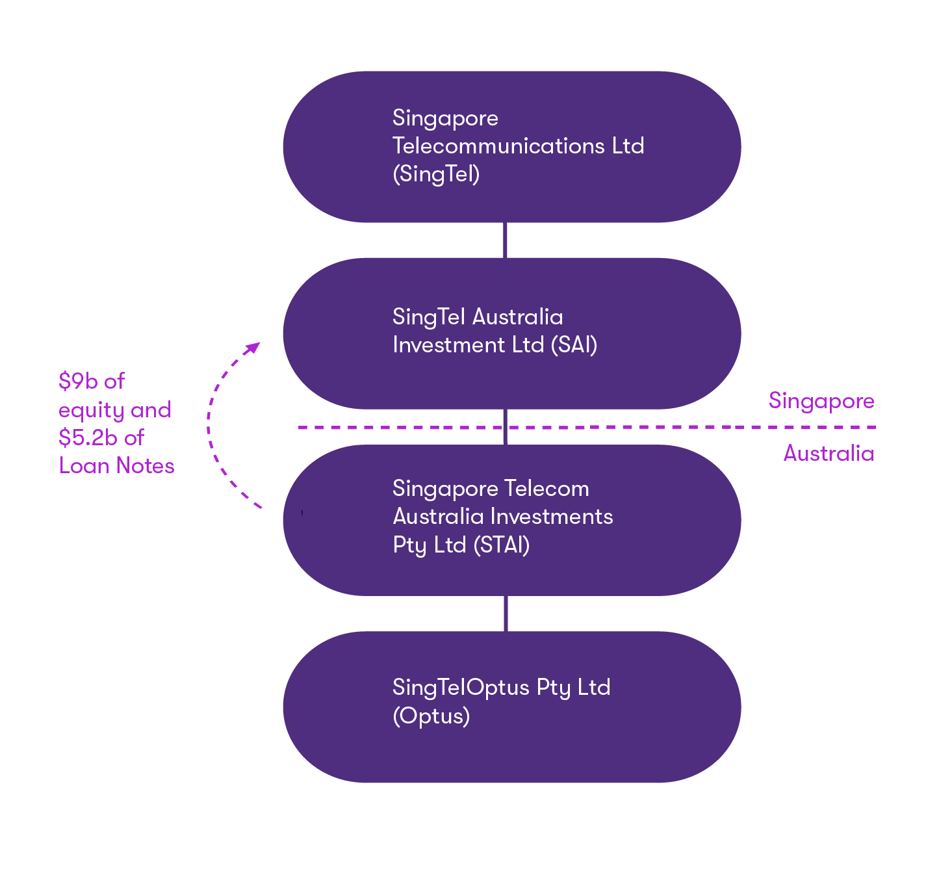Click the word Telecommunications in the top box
click(498, 146)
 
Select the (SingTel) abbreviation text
click(436, 174)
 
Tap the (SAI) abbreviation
click(574, 345)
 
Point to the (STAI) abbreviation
click(501, 545)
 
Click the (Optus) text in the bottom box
click(431, 716)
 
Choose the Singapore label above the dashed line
click(821, 401)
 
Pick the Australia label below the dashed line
click(829, 453)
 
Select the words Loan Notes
click(117, 466)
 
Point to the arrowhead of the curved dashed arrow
click(253, 348)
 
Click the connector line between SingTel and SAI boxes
click(506, 240)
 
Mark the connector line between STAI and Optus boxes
click(506, 613)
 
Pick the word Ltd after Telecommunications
click(628, 146)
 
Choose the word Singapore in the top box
click(445, 119)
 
